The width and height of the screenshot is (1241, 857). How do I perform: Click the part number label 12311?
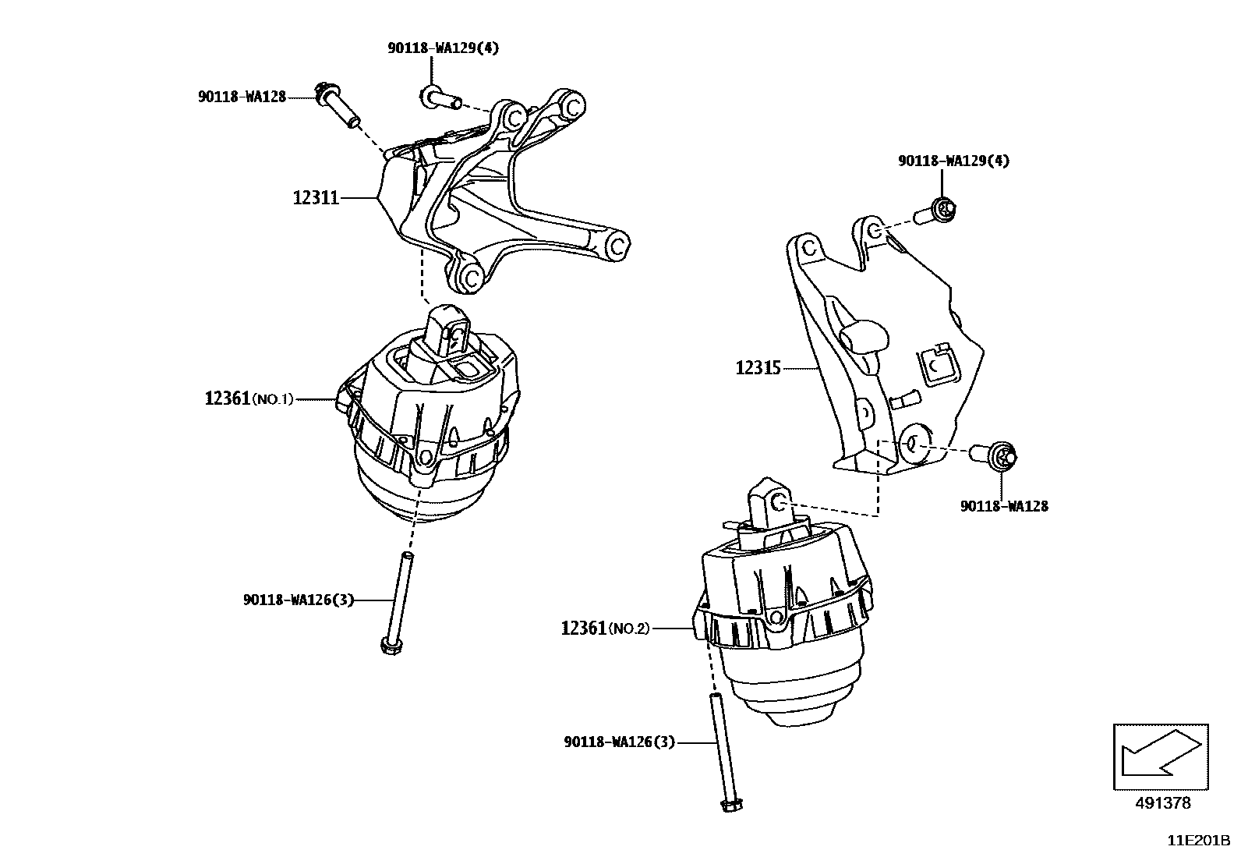(x=316, y=198)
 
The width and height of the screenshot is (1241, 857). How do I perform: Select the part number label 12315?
(x=758, y=367)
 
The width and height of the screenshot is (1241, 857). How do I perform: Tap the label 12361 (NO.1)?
(x=248, y=398)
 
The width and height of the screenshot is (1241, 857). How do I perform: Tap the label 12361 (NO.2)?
(x=604, y=628)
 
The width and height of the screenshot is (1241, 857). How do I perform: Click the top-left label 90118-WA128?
(x=242, y=97)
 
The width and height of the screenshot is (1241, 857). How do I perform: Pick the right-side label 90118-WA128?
(x=1004, y=506)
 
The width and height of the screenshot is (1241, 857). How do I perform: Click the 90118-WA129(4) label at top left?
(x=444, y=48)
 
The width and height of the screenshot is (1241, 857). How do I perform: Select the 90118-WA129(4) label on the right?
(x=953, y=161)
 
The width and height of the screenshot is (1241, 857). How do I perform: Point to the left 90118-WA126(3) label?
(x=298, y=600)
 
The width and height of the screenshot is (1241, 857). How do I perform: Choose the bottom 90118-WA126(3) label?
(x=619, y=742)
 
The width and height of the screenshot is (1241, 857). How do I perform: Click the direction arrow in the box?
(x=1160, y=754)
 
